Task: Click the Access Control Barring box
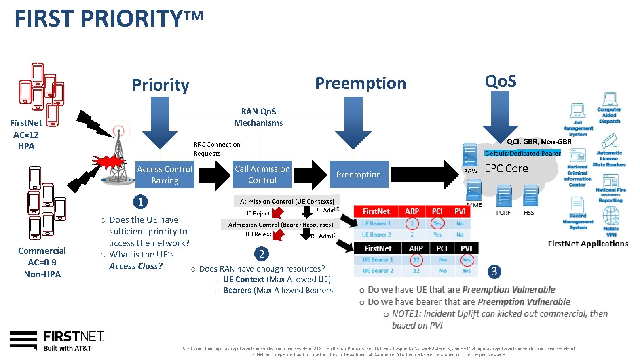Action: click(x=165, y=175)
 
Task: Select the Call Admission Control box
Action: click(x=262, y=174)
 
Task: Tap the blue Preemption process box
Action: click(x=359, y=174)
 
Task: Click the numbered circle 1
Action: click(x=140, y=201)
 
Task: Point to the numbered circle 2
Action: click(x=261, y=254)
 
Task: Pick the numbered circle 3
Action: click(x=494, y=271)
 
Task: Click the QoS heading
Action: click(x=500, y=81)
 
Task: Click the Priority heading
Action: click(x=161, y=85)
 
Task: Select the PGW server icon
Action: click(x=470, y=155)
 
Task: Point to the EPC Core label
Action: click(x=506, y=168)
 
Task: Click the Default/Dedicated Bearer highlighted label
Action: click(x=522, y=153)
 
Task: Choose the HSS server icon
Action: click(x=530, y=196)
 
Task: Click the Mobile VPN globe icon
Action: click(x=611, y=216)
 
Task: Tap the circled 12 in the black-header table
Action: click(x=416, y=259)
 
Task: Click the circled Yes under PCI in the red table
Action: click(x=437, y=223)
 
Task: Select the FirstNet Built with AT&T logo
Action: click(x=57, y=341)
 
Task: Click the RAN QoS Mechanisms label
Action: click(x=258, y=117)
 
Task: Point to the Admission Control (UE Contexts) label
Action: click(x=287, y=201)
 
